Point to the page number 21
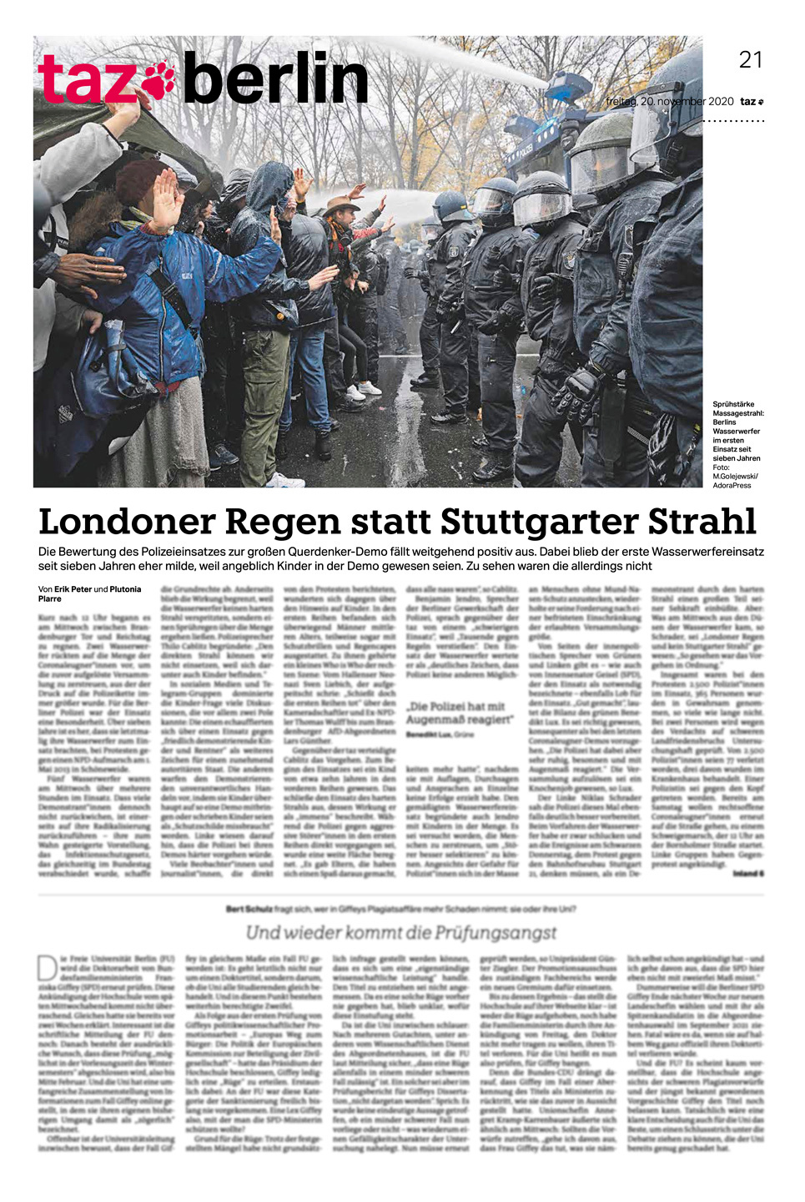(750, 59)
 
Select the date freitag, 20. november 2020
(670, 102)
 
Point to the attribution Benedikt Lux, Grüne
(439, 734)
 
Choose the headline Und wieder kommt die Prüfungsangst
(400, 932)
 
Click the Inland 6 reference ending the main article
(748, 873)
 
